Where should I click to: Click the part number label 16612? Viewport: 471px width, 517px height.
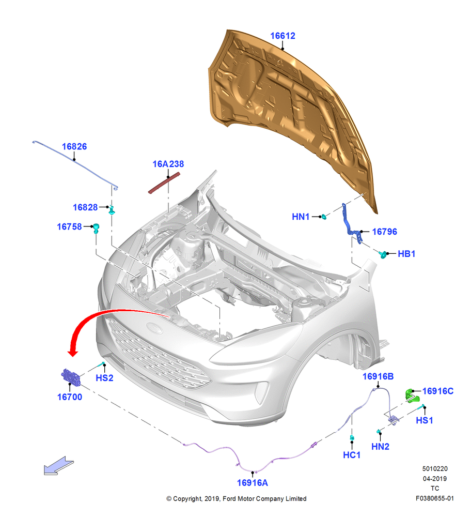tap(282, 36)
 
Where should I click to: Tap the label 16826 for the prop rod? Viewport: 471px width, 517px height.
tap(74, 147)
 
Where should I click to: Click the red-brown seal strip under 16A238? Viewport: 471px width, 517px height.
tap(164, 183)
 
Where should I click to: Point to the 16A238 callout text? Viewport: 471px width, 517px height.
tap(168, 164)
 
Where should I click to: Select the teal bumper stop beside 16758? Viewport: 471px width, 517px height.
tap(96, 228)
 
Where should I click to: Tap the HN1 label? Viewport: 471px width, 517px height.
tap(301, 217)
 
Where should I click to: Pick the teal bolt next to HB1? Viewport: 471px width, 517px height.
tap(383, 254)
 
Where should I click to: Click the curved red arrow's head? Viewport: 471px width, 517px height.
tap(73, 352)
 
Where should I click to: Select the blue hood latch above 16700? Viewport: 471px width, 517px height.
tap(71, 377)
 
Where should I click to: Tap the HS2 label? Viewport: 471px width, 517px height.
tap(104, 378)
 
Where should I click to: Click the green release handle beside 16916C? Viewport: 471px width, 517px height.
tap(412, 396)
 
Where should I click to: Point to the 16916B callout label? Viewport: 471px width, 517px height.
tap(378, 376)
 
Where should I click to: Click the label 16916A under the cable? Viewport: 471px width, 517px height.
tap(253, 483)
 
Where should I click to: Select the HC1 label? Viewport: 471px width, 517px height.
tap(352, 455)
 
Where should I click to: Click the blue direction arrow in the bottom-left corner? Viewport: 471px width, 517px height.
tap(59, 466)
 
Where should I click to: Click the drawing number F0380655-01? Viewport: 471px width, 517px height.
tap(434, 498)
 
